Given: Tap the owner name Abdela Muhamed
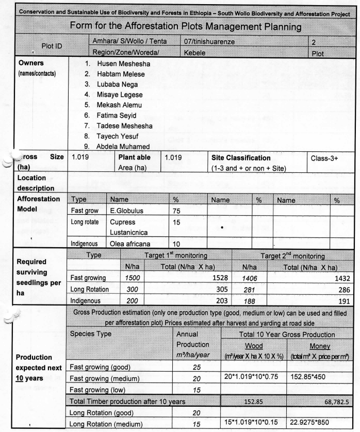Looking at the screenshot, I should (123, 146).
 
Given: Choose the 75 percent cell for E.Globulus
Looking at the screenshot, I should (176, 211).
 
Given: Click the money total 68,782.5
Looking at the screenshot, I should (337, 402).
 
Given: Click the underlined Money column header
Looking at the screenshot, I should (320, 346).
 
